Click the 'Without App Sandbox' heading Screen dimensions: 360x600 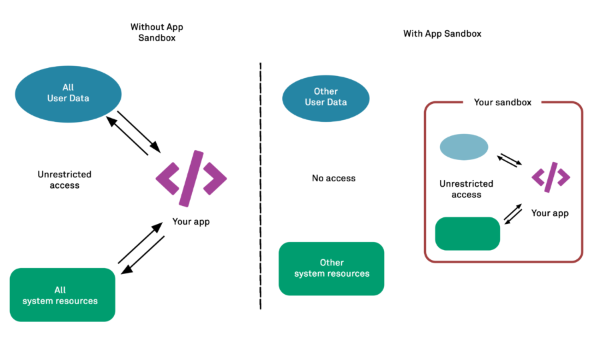tap(157, 33)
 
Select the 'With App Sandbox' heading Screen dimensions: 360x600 tap(442, 33)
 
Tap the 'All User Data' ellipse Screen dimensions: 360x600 tap(68, 93)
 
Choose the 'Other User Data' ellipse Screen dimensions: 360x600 tap(325, 97)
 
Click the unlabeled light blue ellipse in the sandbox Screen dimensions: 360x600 tap(464, 147)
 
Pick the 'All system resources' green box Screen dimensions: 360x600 tap(63, 295)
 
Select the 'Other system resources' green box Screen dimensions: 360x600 tap(331, 268)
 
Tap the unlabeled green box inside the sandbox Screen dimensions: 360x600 tap(467, 233)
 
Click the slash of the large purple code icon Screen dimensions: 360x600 tap(191, 178)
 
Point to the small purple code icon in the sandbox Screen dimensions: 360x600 tap(551, 177)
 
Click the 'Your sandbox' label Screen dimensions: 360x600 tap(503, 103)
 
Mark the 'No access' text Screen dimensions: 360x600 tap(333, 178)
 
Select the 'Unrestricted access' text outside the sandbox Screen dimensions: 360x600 tap(65, 179)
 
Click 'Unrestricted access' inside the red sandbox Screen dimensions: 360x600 tap(466, 189)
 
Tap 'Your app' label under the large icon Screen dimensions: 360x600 tap(191, 221)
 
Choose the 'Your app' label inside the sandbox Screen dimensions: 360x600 tap(550, 213)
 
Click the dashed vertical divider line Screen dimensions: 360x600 tap(260, 187)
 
